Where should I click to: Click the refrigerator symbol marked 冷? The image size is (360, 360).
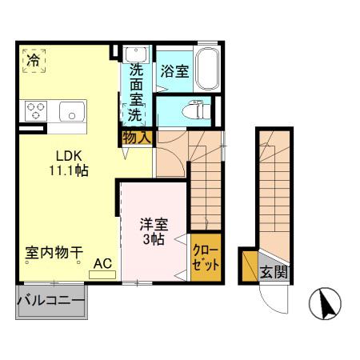tap(34, 61)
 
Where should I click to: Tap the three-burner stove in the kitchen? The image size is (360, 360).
tap(36, 111)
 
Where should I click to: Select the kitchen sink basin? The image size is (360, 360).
tap(72, 111)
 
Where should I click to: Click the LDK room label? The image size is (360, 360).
tap(69, 156)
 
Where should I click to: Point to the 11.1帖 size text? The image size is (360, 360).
tap(69, 170)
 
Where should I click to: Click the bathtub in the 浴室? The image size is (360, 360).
tap(207, 70)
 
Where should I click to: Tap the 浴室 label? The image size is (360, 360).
tap(174, 71)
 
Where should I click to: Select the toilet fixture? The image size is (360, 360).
tap(194, 110)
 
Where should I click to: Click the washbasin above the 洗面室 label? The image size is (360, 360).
tap(136, 54)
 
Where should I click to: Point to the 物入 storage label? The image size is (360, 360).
tap(137, 138)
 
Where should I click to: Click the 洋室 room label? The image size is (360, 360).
tap(154, 224)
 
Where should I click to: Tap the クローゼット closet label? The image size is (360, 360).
tap(206, 258)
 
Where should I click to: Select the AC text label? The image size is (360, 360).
tap(102, 264)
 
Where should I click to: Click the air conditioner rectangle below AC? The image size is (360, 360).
tap(102, 275)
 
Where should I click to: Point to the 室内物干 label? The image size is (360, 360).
tap(54, 252)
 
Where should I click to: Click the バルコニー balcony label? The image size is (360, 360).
tap(51, 301)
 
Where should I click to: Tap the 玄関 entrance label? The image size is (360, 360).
tap(274, 272)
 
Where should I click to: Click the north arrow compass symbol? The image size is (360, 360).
tap(325, 304)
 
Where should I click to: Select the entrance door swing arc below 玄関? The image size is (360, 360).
tap(269, 304)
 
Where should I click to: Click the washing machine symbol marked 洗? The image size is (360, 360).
tap(134, 114)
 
